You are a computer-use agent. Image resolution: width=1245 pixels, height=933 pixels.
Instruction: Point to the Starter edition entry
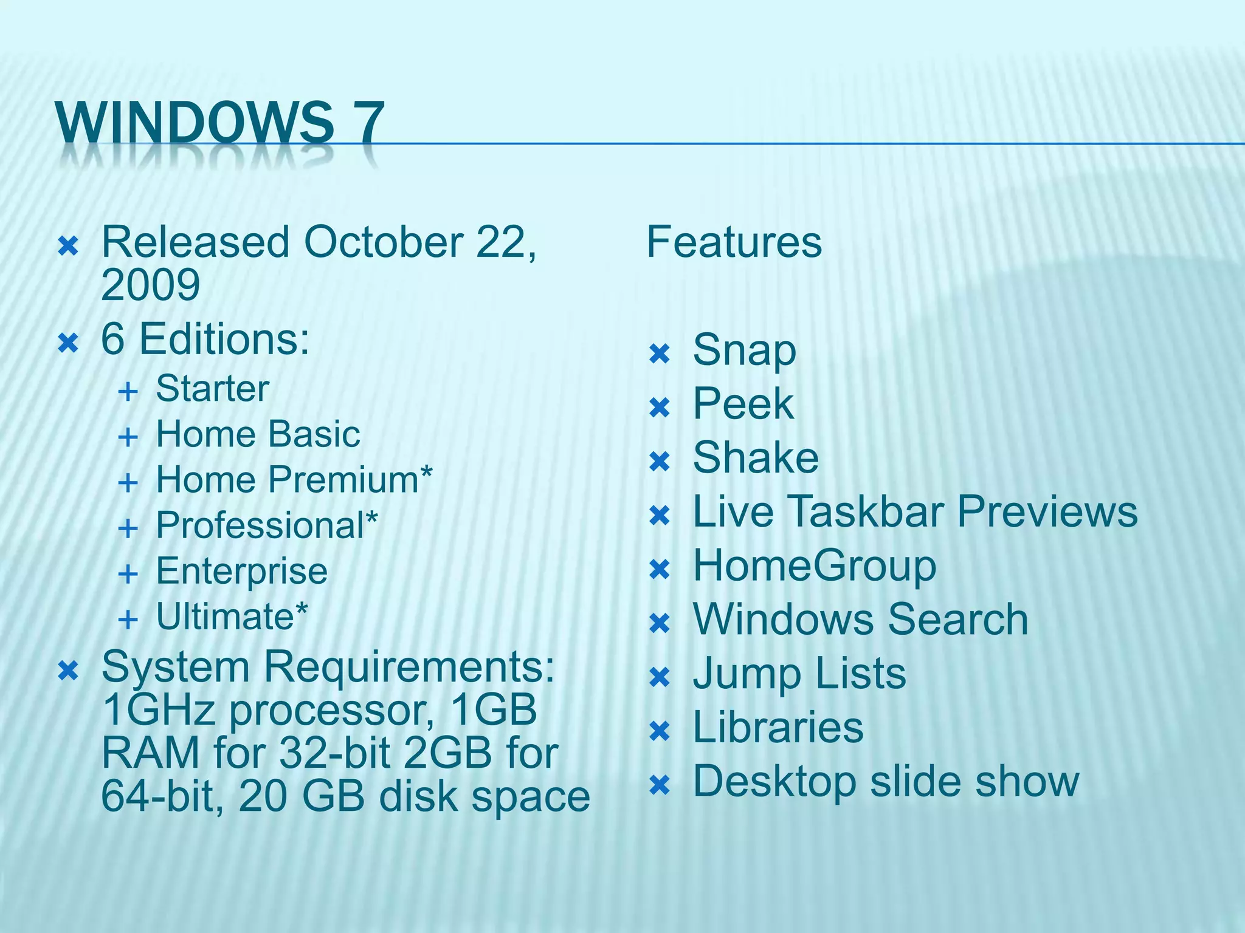point(212,389)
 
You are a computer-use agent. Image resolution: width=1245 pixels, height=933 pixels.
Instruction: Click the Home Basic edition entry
point(258,434)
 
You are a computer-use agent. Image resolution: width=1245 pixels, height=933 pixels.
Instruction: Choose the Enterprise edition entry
point(241,571)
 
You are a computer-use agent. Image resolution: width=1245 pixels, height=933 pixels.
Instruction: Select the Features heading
point(734,242)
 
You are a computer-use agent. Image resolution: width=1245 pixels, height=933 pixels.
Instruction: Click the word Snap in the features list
point(744,350)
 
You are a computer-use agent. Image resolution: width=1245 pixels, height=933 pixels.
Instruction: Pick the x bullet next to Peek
point(660,408)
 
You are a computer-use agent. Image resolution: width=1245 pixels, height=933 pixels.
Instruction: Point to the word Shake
point(756,458)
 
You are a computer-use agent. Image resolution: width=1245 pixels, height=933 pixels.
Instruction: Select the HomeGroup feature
point(814,567)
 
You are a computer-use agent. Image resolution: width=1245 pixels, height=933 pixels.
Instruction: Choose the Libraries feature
point(778,728)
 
